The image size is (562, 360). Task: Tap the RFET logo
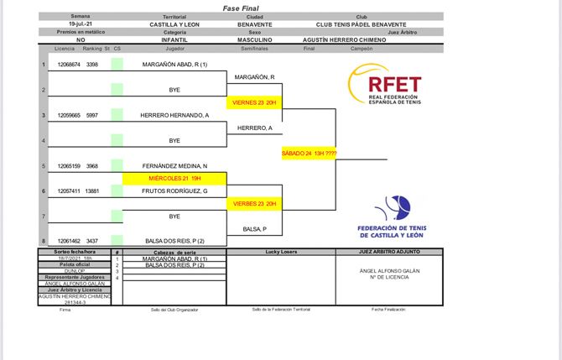[384, 88]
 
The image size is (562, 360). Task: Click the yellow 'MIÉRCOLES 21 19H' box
[174, 178]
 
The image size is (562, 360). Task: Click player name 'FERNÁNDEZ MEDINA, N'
[174, 166]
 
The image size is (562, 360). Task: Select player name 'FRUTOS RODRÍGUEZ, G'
[174, 191]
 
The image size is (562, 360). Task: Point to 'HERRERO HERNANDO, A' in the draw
[174, 115]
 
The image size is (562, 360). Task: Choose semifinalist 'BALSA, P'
[254, 229]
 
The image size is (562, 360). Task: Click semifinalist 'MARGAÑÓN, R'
[255, 77]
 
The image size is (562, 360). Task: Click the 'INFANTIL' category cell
[174, 39]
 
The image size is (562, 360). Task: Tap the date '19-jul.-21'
[81, 26]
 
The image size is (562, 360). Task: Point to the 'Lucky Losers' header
[284, 251]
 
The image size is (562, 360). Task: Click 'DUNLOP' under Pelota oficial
[81, 271]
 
